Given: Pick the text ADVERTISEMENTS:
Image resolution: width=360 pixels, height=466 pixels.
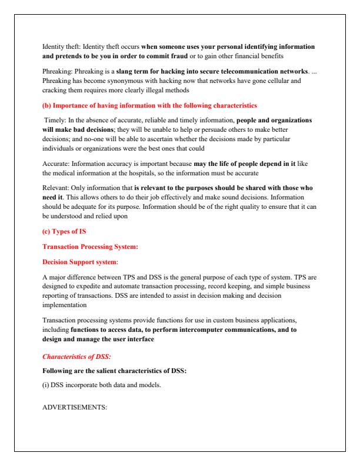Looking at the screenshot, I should pyautogui.click(x=75, y=408).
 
